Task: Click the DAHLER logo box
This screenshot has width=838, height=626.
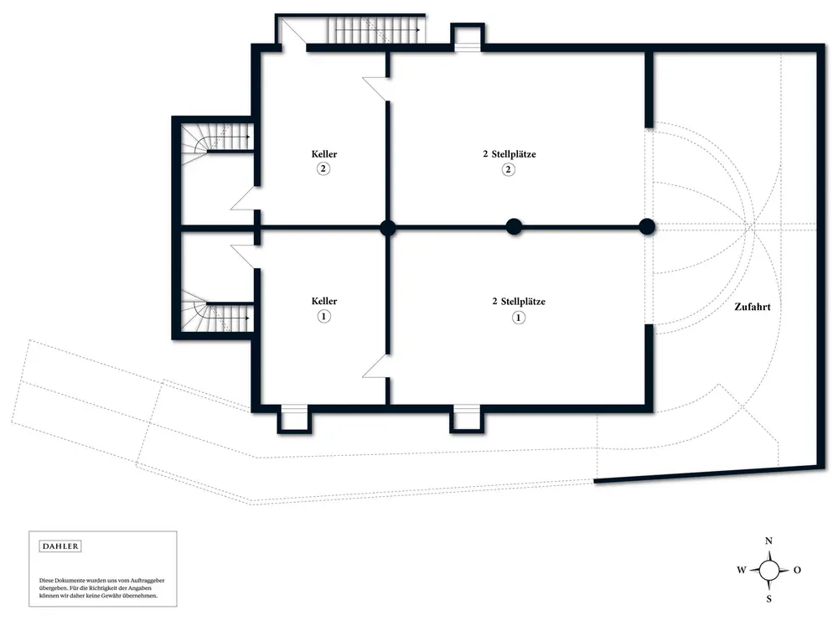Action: click(x=60, y=546)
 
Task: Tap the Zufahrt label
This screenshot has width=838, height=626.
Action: click(x=752, y=307)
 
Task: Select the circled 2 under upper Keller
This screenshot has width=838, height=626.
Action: click(x=323, y=169)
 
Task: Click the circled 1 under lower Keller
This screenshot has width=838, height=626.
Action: click(x=323, y=317)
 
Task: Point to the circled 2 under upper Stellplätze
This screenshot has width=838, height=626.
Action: click(x=509, y=169)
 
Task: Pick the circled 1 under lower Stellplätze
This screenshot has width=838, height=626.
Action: click(x=518, y=318)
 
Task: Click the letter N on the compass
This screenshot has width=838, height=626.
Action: click(x=768, y=541)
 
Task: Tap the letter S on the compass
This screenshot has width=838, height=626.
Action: click(x=769, y=598)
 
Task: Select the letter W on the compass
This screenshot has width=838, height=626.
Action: click(x=742, y=570)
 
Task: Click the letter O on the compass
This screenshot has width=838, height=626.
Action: click(x=797, y=570)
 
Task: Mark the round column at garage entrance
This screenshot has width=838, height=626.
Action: click(x=647, y=226)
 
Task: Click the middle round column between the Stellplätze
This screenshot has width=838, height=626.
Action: click(x=514, y=226)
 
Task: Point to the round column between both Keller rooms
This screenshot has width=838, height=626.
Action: click(x=387, y=227)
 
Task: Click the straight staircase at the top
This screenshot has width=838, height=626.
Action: click(x=377, y=30)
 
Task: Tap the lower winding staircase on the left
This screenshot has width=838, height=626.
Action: click(x=216, y=311)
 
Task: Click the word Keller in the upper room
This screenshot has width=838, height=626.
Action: click(x=324, y=154)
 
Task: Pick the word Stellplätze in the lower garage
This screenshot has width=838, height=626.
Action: click(x=523, y=302)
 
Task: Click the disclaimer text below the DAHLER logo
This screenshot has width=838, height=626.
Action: click(x=101, y=588)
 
